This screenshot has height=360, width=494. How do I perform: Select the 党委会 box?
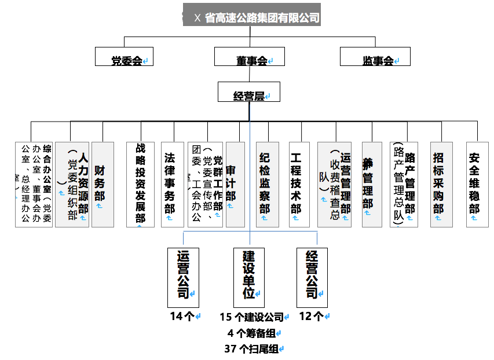[125, 57]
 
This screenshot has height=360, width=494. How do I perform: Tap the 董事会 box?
[250, 57]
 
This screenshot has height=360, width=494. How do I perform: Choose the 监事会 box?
[375, 57]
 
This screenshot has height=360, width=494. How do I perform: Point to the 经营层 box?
[249, 92]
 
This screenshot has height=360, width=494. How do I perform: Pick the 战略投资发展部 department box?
[140, 185]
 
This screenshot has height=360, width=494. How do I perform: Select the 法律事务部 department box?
[170, 185]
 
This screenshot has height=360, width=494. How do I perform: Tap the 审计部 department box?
[235, 185]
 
